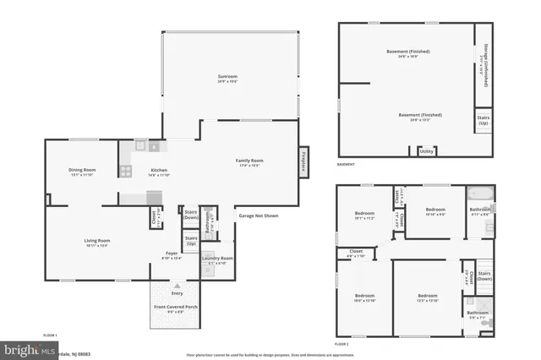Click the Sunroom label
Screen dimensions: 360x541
227,79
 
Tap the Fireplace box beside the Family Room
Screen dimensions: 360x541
303,162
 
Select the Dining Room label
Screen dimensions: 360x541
82,172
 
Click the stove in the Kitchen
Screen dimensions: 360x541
125,171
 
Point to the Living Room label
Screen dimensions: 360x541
97,242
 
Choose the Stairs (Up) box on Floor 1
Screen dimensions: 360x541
191,242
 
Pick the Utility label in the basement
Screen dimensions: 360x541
427,151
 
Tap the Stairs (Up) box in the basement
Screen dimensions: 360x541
484,121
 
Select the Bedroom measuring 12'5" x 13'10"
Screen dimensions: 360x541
429,297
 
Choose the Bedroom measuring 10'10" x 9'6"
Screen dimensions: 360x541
435,210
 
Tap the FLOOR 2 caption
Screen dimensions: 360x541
342,345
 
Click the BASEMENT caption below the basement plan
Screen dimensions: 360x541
346,164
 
